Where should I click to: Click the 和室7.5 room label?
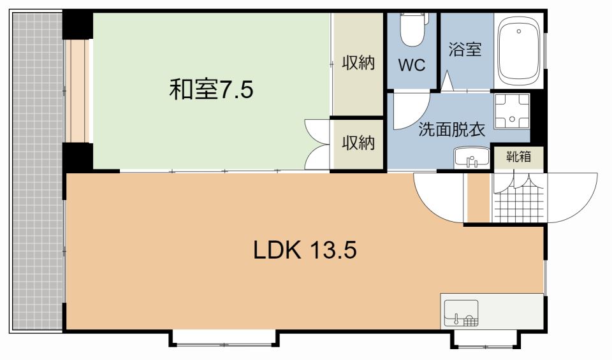click(211, 89)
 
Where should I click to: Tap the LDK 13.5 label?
click(305, 250)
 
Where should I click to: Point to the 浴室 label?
click(465, 50)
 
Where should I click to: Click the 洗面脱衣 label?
click(451, 130)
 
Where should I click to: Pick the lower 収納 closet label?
click(358, 143)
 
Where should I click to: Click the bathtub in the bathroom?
click(518, 50)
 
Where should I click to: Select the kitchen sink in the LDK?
click(460, 313)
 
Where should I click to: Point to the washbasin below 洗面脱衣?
click(472, 157)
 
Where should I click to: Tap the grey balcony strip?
click(36, 172)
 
